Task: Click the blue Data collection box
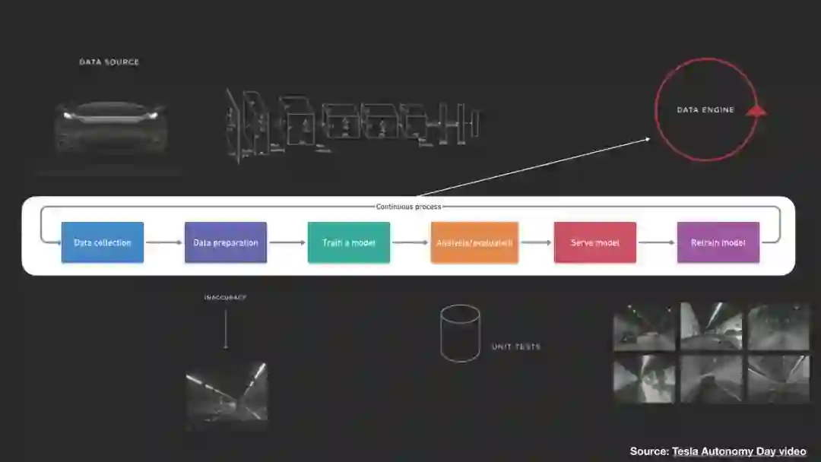coord(103,242)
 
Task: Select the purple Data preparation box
coord(226,242)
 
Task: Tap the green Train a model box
coord(349,242)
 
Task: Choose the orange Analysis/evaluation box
coord(474,242)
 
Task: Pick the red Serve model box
coord(595,242)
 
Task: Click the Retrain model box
coord(718,242)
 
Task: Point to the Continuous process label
coord(408,207)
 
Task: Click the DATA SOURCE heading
coord(109,62)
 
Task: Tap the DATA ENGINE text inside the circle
coord(705,110)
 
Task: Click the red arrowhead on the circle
coord(756,111)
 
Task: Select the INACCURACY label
coord(225,297)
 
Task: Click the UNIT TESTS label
coord(516,346)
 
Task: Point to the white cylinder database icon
coord(460,333)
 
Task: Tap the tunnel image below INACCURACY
coord(227,394)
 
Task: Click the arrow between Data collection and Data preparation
coord(164,242)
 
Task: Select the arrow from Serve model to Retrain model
coord(657,242)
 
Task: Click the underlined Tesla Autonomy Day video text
coord(739,451)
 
